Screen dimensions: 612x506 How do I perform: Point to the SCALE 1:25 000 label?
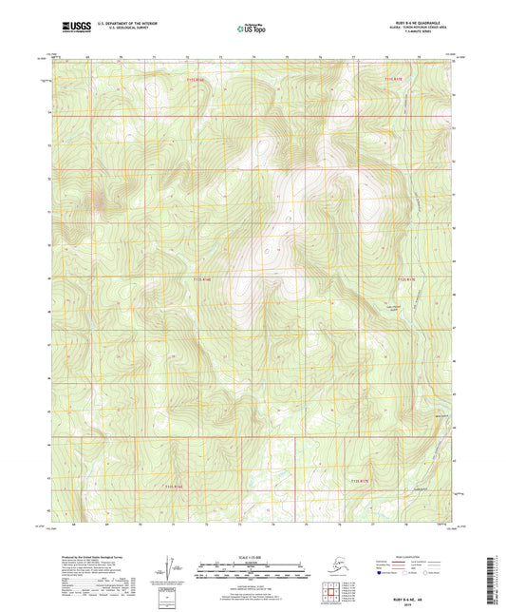click(252, 560)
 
